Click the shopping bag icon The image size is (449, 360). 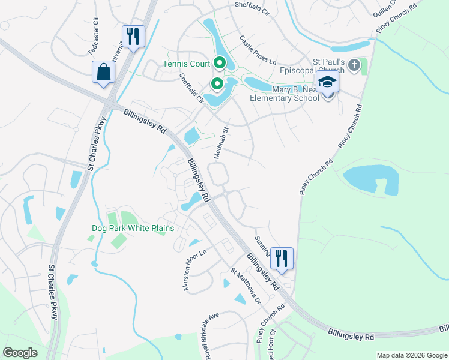[x=104, y=72]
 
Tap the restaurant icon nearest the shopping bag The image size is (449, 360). [x=133, y=36]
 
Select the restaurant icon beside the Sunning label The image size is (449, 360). [x=282, y=258]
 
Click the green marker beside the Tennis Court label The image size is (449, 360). [x=220, y=63]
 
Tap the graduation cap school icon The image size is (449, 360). [x=328, y=82]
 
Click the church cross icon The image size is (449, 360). [x=354, y=65]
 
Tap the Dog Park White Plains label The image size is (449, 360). [x=133, y=229]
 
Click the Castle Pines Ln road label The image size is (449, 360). [x=258, y=51]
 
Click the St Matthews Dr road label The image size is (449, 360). [x=246, y=286]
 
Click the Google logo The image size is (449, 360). [x=20, y=352]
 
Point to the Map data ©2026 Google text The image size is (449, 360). [x=412, y=355]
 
